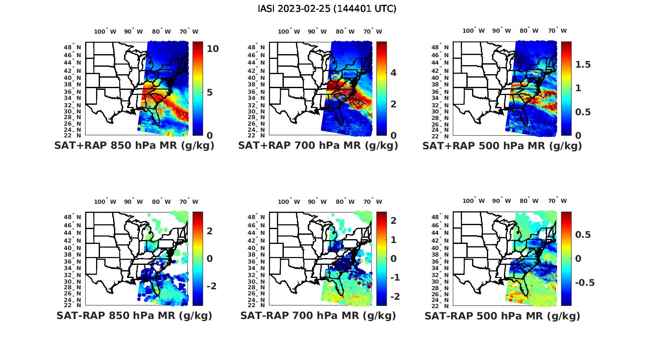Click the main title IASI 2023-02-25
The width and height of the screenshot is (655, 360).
327,9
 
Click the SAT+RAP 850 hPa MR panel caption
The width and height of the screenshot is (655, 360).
134,146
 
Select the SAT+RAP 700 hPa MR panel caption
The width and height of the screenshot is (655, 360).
318,146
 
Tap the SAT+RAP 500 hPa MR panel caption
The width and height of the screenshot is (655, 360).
502,146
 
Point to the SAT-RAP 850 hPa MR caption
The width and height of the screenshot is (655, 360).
134,315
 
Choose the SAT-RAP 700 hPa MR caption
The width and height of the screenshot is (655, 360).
318,315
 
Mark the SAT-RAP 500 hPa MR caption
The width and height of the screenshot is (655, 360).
502,315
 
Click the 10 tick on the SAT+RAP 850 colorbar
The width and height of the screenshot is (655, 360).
213,49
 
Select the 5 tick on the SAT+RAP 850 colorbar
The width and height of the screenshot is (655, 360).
210,93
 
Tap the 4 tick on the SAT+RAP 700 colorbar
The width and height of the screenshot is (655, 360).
393,72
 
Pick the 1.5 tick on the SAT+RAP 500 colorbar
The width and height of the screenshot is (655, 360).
583,65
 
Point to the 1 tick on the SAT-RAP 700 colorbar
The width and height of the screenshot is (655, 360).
393,240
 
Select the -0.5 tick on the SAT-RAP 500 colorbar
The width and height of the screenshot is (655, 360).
585,283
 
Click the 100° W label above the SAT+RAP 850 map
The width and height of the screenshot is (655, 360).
105,31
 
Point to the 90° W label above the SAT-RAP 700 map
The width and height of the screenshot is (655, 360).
317,202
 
